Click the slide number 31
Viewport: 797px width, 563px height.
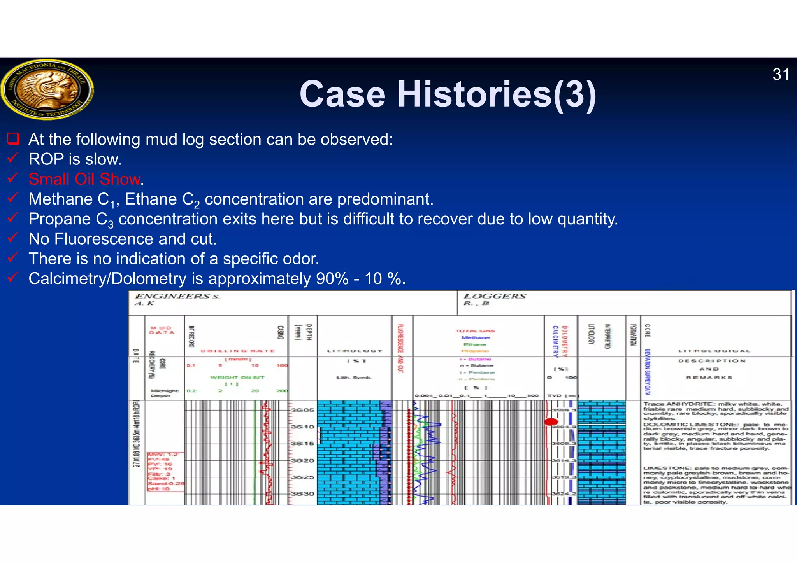coord(781,75)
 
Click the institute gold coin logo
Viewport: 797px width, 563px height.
coord(47,89)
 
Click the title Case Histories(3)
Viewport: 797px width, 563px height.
coord(448,94)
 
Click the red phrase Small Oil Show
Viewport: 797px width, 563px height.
coord(84,179)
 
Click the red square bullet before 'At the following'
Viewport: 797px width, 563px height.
coord(13,139)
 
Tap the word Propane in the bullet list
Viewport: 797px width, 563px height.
coord(59,219)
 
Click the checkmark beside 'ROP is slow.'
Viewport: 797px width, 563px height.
coord(13,158)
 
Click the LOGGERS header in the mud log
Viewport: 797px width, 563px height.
coord(495,296)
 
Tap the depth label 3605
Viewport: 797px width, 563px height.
coord(302,410)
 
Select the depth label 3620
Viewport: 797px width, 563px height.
coord(302,461)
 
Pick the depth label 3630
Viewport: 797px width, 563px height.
coord(302,494)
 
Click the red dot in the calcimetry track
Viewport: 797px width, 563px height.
coord(551,421)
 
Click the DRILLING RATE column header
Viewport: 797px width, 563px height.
coord(238,351)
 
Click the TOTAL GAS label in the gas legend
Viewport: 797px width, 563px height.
coord(475,331)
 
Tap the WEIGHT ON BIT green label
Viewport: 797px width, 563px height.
coord(237,378)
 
